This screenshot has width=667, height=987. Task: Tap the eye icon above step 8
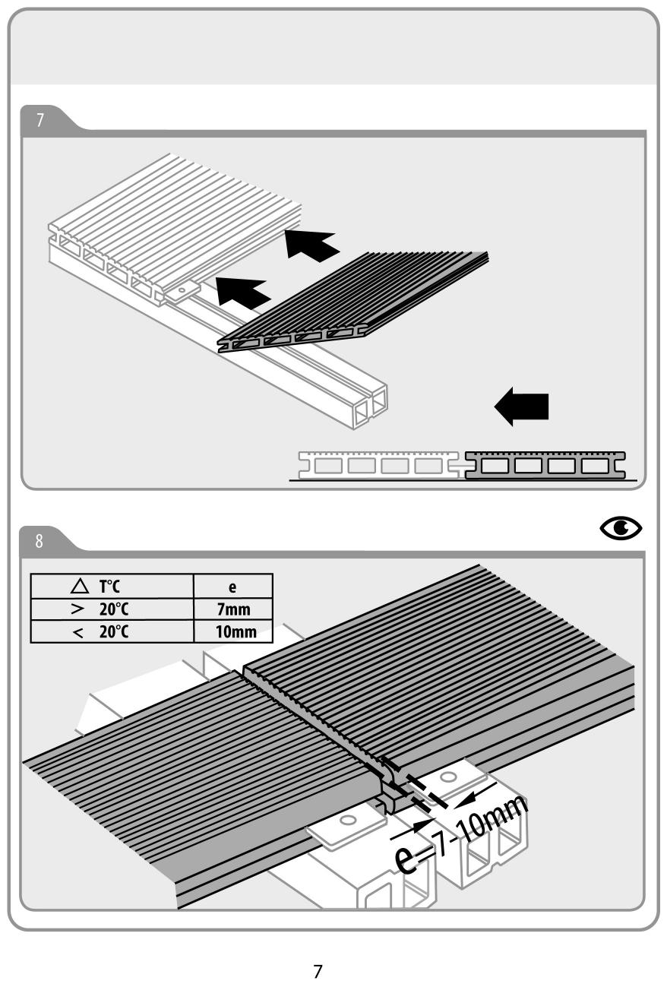click(620, 527)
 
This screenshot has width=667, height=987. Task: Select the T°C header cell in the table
click(112, 585)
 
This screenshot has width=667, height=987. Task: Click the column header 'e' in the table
click(233, 585)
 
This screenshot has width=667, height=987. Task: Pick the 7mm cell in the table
click(233, 608)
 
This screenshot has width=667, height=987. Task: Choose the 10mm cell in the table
click(233, 631)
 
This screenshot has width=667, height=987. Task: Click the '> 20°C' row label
click(112, 608)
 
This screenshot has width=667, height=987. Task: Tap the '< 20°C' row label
click(112, 631)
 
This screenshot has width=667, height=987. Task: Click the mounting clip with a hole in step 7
click(182, 289)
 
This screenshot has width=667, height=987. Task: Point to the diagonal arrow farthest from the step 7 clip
click(311, 243)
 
